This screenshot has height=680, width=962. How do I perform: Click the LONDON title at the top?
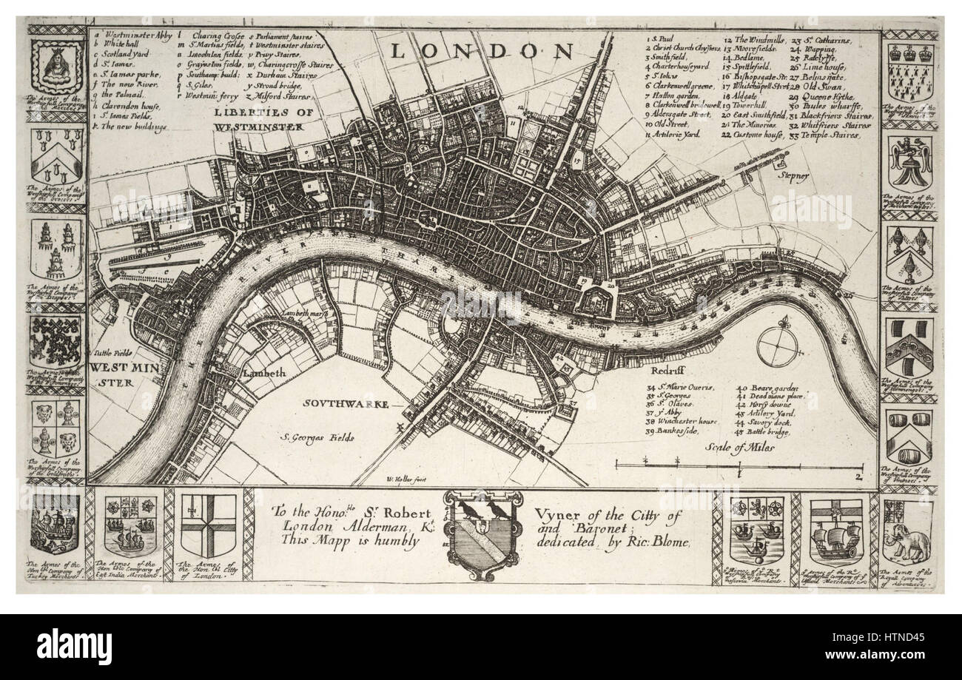[481, 51]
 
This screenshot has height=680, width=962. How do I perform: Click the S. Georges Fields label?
[317, 437]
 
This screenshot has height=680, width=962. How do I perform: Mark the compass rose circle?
[777, 346]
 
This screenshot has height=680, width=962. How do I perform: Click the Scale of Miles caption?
[739, 447]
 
